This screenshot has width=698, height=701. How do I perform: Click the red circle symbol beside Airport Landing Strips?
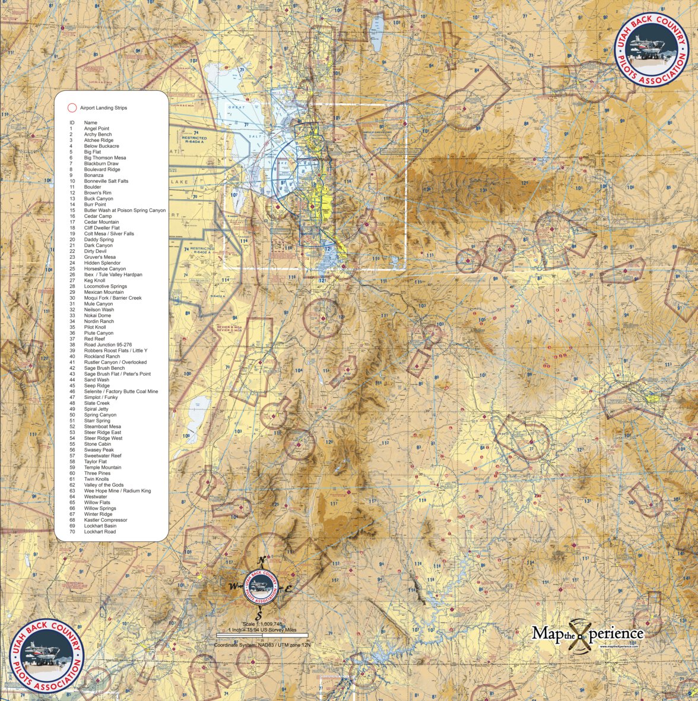point(72,108)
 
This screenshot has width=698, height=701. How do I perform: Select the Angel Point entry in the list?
point(96,128)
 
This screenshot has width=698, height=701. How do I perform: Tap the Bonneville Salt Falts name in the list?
point(106,181)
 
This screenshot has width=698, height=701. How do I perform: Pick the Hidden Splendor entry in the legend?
point(101,263)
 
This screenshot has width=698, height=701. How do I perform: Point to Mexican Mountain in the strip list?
point(103,292)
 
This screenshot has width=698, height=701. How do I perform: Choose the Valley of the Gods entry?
point(103,485)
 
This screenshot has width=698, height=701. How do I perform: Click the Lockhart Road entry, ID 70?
point(99,532)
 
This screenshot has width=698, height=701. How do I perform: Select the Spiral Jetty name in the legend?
point(97,409)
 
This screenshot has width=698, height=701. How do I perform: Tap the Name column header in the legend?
point(90,122)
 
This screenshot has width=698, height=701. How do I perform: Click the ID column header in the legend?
point(72,122)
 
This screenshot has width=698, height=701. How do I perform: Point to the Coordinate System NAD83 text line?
point(262,644)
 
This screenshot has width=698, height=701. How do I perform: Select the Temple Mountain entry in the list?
point(102,468)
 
